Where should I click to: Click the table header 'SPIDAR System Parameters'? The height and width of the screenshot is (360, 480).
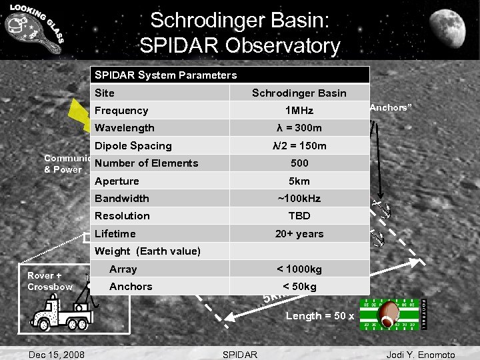tap(165, 75)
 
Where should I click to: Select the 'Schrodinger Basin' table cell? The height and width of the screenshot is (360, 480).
tap(299, 93)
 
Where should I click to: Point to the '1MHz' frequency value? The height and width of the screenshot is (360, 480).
tap(299, 111)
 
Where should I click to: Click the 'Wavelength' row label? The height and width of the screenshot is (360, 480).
tap(125, 128)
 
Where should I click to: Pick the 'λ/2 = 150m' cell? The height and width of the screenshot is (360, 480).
tap(299, 146)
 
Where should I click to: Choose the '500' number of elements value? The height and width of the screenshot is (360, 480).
tap(299, 163)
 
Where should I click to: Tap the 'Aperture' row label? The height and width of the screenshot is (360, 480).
tap(117, 181)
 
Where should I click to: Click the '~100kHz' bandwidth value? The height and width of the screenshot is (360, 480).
tap(299, 199)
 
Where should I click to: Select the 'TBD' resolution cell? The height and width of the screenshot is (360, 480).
tap(299, 216)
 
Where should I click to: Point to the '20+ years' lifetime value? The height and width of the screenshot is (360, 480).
tap(299, 234)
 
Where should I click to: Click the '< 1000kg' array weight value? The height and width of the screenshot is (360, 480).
tap(299, 269)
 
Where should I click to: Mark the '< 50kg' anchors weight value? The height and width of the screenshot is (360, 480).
tap(299, 287)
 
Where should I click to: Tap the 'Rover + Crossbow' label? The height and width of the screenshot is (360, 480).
tap(50, 281)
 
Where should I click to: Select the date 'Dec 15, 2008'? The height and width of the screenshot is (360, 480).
tap(57, 354)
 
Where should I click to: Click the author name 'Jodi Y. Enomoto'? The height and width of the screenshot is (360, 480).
tap(421, 354)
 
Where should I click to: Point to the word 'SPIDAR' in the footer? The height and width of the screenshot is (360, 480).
tap(239, 354)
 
